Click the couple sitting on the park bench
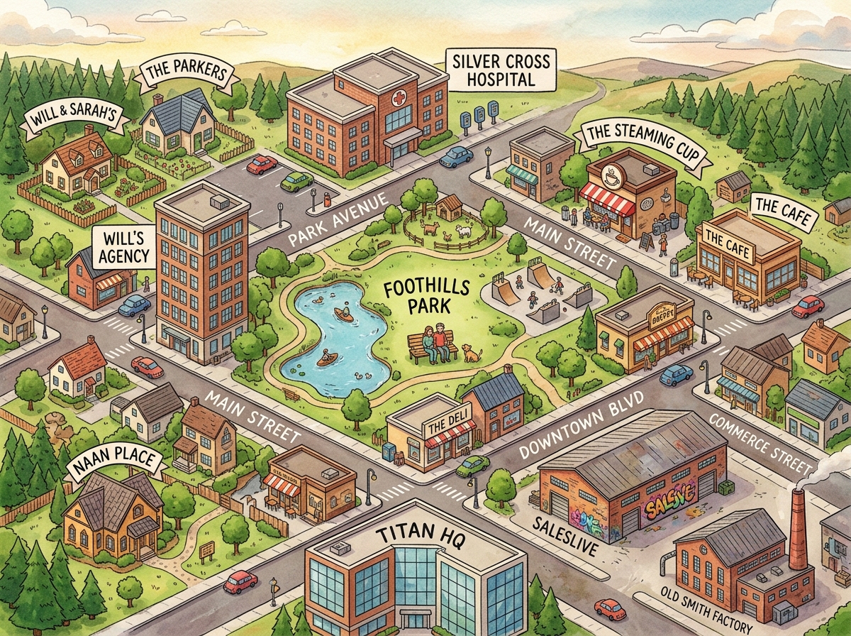point(435,339)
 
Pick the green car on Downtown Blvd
point(472,466)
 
